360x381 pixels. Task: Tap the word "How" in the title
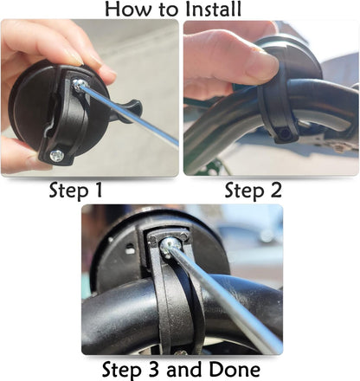coord(127,10)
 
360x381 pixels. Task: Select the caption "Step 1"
coord(88,190)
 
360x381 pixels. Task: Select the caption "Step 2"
coord(254,190)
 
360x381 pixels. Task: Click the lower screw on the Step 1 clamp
coord(57,155)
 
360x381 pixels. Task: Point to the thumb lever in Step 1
coord(128,111)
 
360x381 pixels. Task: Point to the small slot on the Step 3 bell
coord(130,249)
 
